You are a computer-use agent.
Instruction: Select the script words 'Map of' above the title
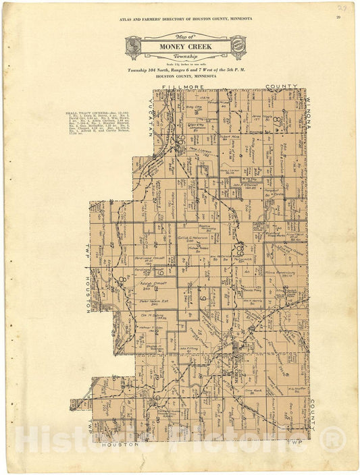pyautogui.click(x=185, y=36)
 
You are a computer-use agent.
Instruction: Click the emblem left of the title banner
pyautogui.click(x=134, y=46)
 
